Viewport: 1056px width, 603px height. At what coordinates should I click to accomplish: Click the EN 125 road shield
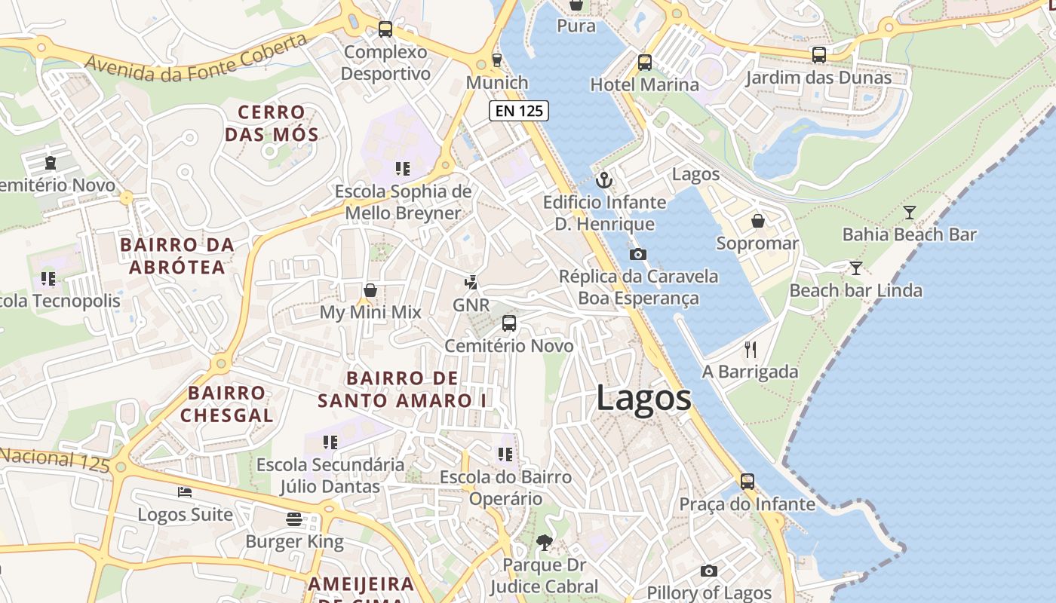pyautogui.click(x=518, y=111)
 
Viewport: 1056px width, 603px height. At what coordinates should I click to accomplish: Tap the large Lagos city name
pyautogui.click(x=643, y=397)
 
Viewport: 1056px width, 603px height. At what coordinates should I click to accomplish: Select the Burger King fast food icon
pyautogui.click(x=294, y=519)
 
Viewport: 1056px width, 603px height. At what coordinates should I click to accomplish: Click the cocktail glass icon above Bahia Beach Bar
pyautogui.click(x=909, y=213)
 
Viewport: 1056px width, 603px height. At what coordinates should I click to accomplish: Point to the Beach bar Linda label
pyautogui.click(x=855, y=290)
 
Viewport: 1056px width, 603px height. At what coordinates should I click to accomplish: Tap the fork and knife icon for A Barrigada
pyautogui.click(x=750, y=349)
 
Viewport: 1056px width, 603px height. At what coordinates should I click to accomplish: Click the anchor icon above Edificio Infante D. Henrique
pyautogui.click(x=603, y=180)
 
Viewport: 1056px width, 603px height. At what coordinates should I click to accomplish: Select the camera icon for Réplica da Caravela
pyautogui.click(x=638, y=254)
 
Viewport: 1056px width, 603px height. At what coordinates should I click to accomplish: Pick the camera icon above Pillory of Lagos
pyautogui.click(x=708, y=571)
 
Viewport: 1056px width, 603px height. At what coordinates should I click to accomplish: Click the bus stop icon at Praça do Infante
pyautogui.click(x=747, y=481)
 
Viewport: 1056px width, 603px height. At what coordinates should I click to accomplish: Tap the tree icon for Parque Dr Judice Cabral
pyautogui.click(x=544, y=542)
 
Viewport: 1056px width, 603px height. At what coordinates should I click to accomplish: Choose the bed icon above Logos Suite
pyautogui.click(x=185, y=492)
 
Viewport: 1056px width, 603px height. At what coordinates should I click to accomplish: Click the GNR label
pyautogui.click(x=471, y=305)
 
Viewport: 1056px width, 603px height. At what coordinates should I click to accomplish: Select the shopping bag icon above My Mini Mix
pyautogui.click(x=370, y=290)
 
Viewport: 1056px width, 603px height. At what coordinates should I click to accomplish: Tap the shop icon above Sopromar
pyautogui.click(x=757, y=221)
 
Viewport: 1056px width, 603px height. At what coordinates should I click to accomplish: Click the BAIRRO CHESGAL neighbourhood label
pyautogui.click(x=226, y=404)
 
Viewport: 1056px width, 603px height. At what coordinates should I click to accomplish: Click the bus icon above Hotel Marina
pyautogui.click(x=644, y=63)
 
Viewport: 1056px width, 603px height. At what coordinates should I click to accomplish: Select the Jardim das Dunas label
pyautogui.click(x=818, y=78)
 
